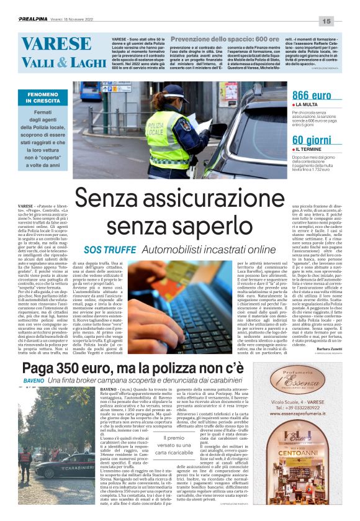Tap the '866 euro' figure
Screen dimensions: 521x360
312,95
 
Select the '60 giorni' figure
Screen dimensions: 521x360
311,139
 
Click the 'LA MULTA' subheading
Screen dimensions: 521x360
308,106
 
